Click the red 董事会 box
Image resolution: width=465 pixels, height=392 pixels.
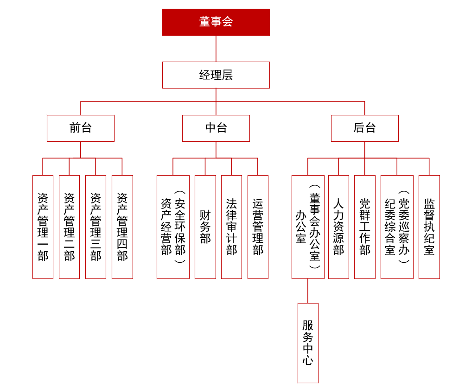click(x=216, y=22)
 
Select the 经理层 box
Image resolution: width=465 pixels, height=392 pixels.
click(x=216, y=75)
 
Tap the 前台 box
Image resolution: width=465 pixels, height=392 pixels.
click(x=80, y=128)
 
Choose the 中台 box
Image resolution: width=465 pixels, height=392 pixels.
click(x=216, y=128)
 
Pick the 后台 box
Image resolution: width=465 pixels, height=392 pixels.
click(x=364, y=128)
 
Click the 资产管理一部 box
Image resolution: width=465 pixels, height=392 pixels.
click(x=43, y=227)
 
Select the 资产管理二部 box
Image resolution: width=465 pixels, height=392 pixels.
click(x=69, y=227)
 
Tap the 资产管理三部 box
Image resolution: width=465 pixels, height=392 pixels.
click(x=96, y=227)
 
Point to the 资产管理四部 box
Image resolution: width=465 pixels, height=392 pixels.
click(x=122, y=227)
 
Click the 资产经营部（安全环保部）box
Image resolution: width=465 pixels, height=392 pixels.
click(x=173, y=227)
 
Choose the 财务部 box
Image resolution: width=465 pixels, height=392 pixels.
click(x=205, y=227)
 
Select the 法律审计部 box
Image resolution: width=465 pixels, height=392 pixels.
click(x=231, y=227)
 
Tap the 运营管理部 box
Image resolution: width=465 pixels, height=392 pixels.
click(x=258, y=227)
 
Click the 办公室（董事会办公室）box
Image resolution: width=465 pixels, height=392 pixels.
click(x=308, y=227)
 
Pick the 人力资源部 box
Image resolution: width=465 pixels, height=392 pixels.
click(x=338, y=227)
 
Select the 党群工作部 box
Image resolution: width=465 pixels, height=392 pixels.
click(x=364, y=227)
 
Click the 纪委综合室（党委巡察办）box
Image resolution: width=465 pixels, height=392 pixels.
click(x=397, y=227)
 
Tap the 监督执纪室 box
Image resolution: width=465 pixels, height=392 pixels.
click(x=429, y=227)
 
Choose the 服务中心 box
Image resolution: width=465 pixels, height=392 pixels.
click(x=308, y=343)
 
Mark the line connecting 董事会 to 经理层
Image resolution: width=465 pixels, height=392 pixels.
click(x=216, y=49)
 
